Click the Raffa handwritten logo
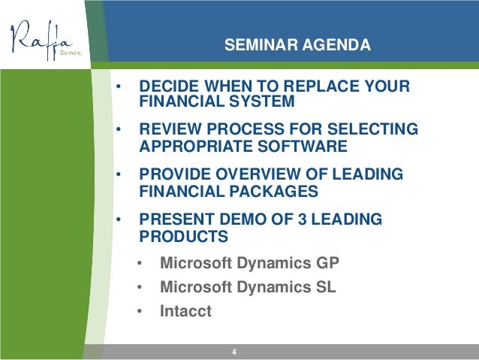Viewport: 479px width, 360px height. (x=42, y=40)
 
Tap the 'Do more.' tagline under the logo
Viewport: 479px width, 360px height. (x=71, y=53)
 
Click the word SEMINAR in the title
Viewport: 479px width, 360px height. (x=261, y=44)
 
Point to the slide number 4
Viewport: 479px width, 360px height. (x=234, y=352)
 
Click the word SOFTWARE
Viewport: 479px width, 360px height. (x=303, y=146)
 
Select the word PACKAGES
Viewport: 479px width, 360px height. (x=274, y=191)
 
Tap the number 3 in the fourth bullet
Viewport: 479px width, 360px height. (x=302, y=219)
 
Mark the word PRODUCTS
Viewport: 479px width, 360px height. (x=184, y=236)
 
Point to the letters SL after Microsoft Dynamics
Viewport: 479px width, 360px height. (x=326, y=287)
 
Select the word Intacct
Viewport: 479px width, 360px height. (x=185, y=311)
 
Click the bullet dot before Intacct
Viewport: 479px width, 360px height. (x=140, y=311)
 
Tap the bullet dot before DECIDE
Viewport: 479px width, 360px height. (x=119, y=86)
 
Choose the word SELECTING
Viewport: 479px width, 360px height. (x=372, y=129)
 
